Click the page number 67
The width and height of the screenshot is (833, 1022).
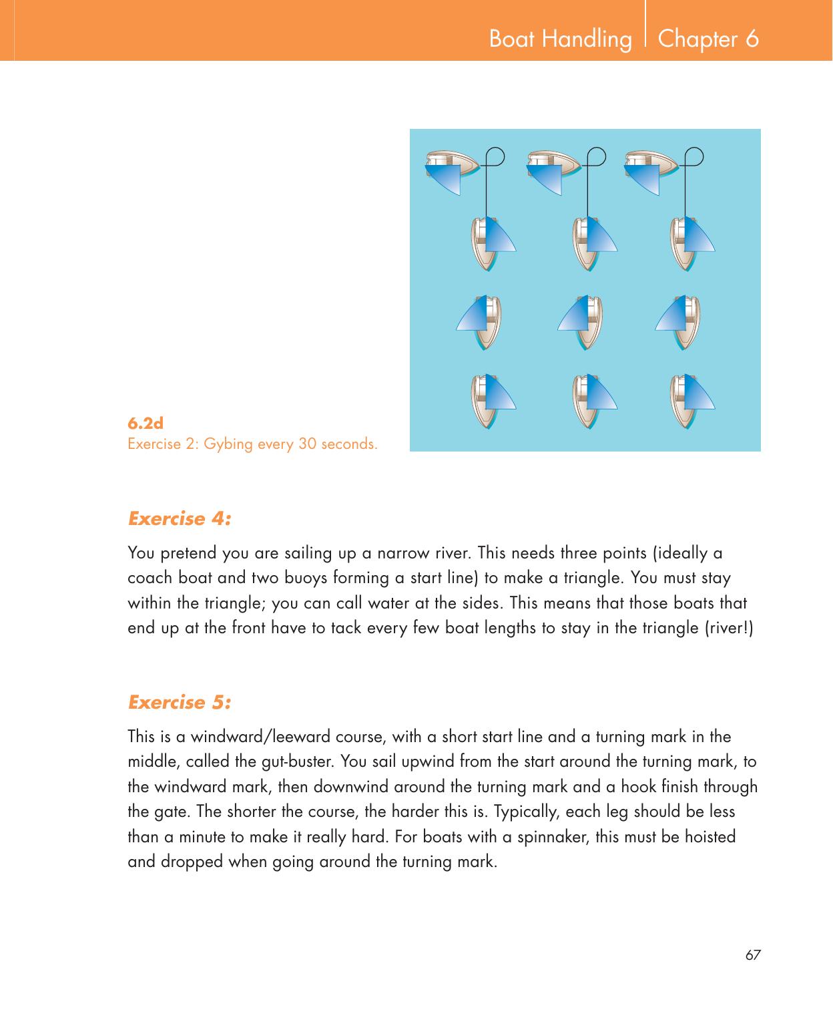click(753, 955)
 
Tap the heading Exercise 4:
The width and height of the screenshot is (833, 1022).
click(180, 518)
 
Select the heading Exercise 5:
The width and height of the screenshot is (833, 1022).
click(180, 702)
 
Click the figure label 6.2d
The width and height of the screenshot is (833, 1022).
click(146, 423)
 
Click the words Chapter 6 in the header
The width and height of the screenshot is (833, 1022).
click(708, 39)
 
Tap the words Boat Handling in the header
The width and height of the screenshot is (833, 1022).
click(560, 39)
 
